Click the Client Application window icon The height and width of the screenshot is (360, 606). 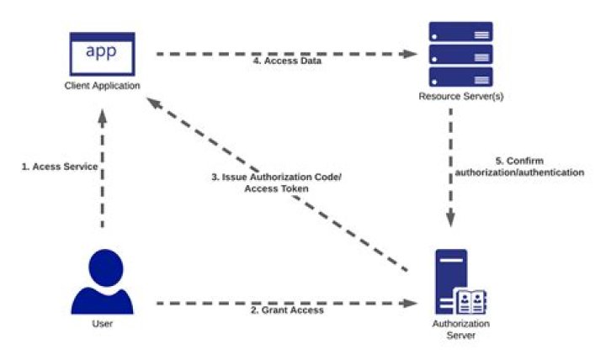point(102,54)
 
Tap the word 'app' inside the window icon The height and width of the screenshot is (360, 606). point(102,50)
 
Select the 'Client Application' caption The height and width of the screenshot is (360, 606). point(102,86)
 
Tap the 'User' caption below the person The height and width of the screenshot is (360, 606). point(102,323)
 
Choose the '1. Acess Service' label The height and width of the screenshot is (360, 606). point(60,167)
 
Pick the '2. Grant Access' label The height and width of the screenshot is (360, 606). point(287,310)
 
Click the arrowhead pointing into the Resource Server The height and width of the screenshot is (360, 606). point(411,54)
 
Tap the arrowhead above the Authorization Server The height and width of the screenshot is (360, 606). point(450,220)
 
